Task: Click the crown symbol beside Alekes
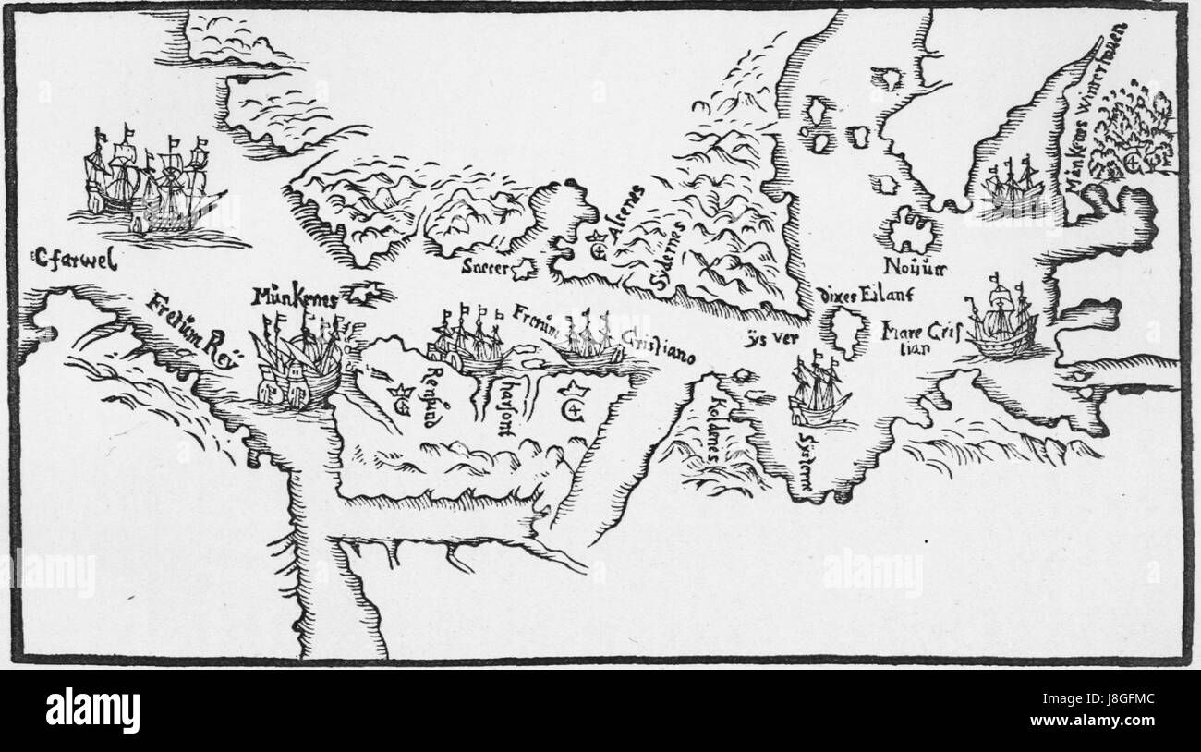598,247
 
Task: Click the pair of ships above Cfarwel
152,185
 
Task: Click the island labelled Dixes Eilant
845,333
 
